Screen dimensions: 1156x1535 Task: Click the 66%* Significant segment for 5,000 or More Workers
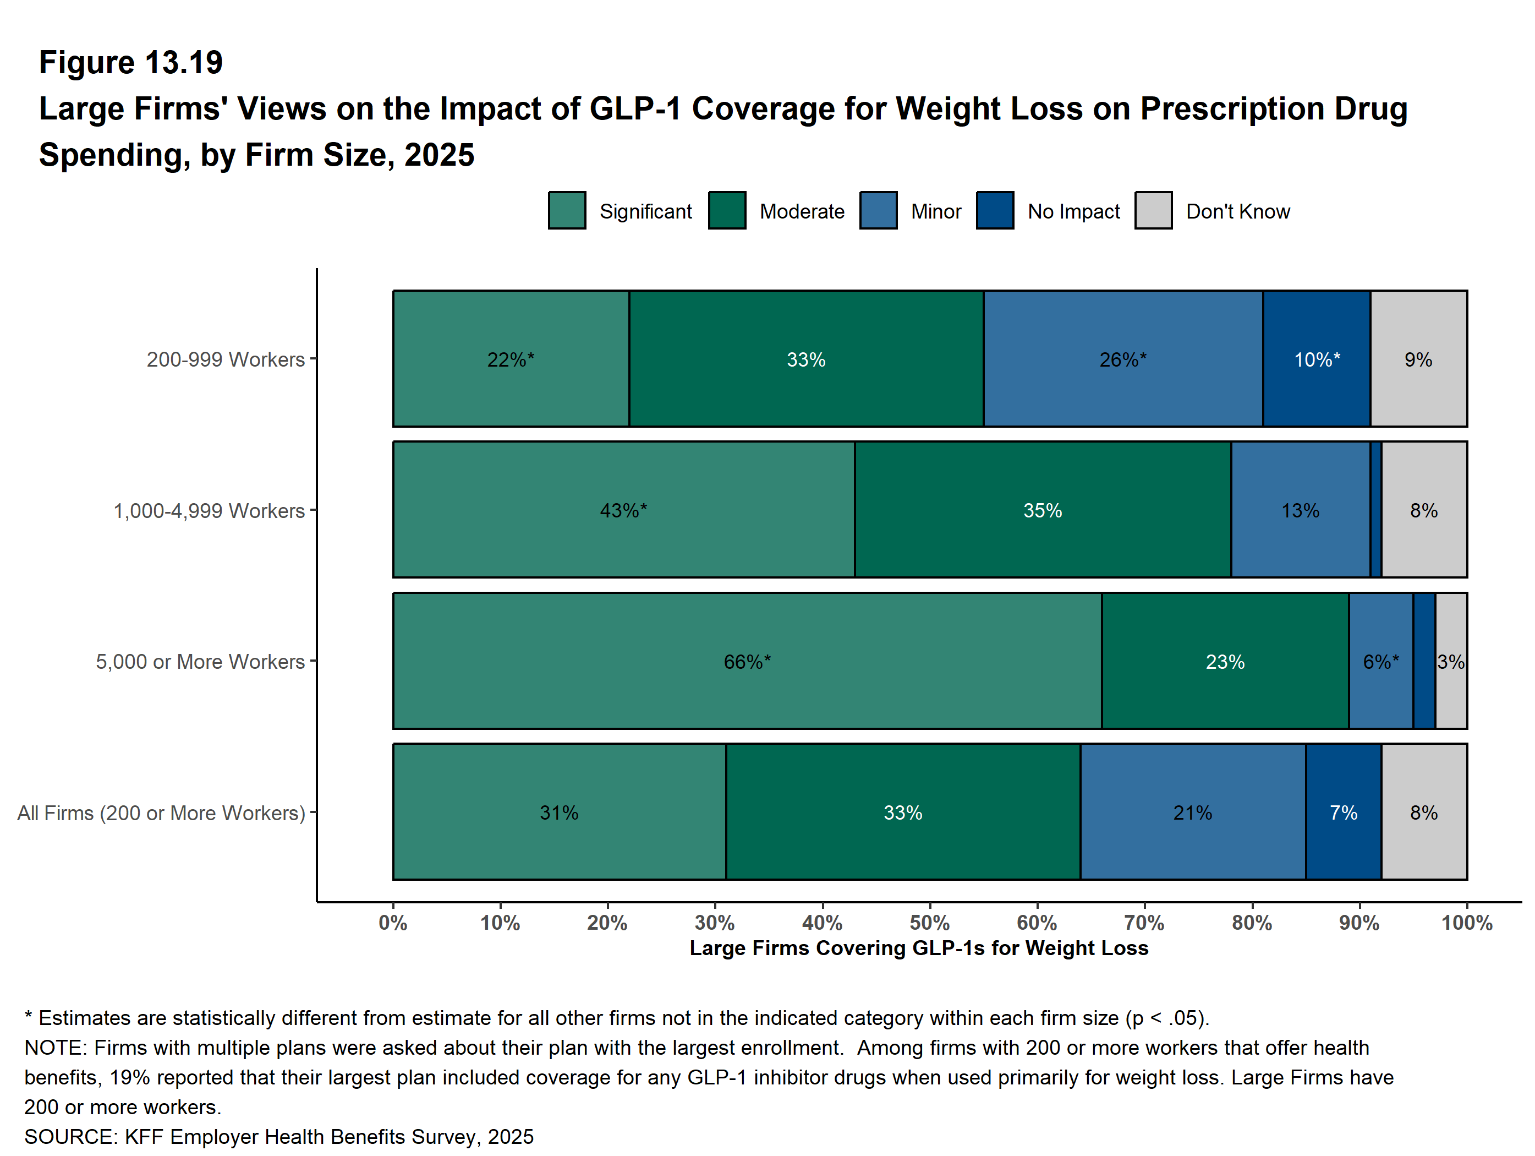click(x=747, y=661)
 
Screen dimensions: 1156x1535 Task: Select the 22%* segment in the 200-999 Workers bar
click(x=511, y=359)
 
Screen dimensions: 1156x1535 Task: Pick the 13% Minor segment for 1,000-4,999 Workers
click(x=1300, y=510)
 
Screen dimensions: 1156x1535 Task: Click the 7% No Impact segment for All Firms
click(x=1343, y=813)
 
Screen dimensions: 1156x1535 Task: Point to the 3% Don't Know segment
click(x=1450, y=661)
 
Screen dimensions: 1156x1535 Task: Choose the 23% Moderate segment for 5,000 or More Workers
click(x=1225, y=661)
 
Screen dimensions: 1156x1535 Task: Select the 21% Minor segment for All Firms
click(x=1192, y=813)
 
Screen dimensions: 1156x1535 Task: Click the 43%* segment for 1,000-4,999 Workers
click(x=623, y=510)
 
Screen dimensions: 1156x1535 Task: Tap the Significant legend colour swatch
click(x=566, y=210)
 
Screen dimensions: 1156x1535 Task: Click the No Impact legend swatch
click(x=994, y=210)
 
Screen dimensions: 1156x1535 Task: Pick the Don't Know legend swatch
click(x=1153, y=210)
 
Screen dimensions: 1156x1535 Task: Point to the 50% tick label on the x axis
click(x=929, y=923)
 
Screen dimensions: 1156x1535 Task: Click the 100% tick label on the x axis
click(x=1466, y=923)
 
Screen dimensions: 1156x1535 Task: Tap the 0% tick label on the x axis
click(x=393, y=923)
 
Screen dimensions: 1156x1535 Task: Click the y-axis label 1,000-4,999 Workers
click(x=209, y=511)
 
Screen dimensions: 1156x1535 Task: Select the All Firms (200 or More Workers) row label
click(x=161, y=813)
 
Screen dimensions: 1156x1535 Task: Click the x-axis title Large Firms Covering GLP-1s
click(x=919, y=948)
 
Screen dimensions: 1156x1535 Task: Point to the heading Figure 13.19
click(x=130, y=63)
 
